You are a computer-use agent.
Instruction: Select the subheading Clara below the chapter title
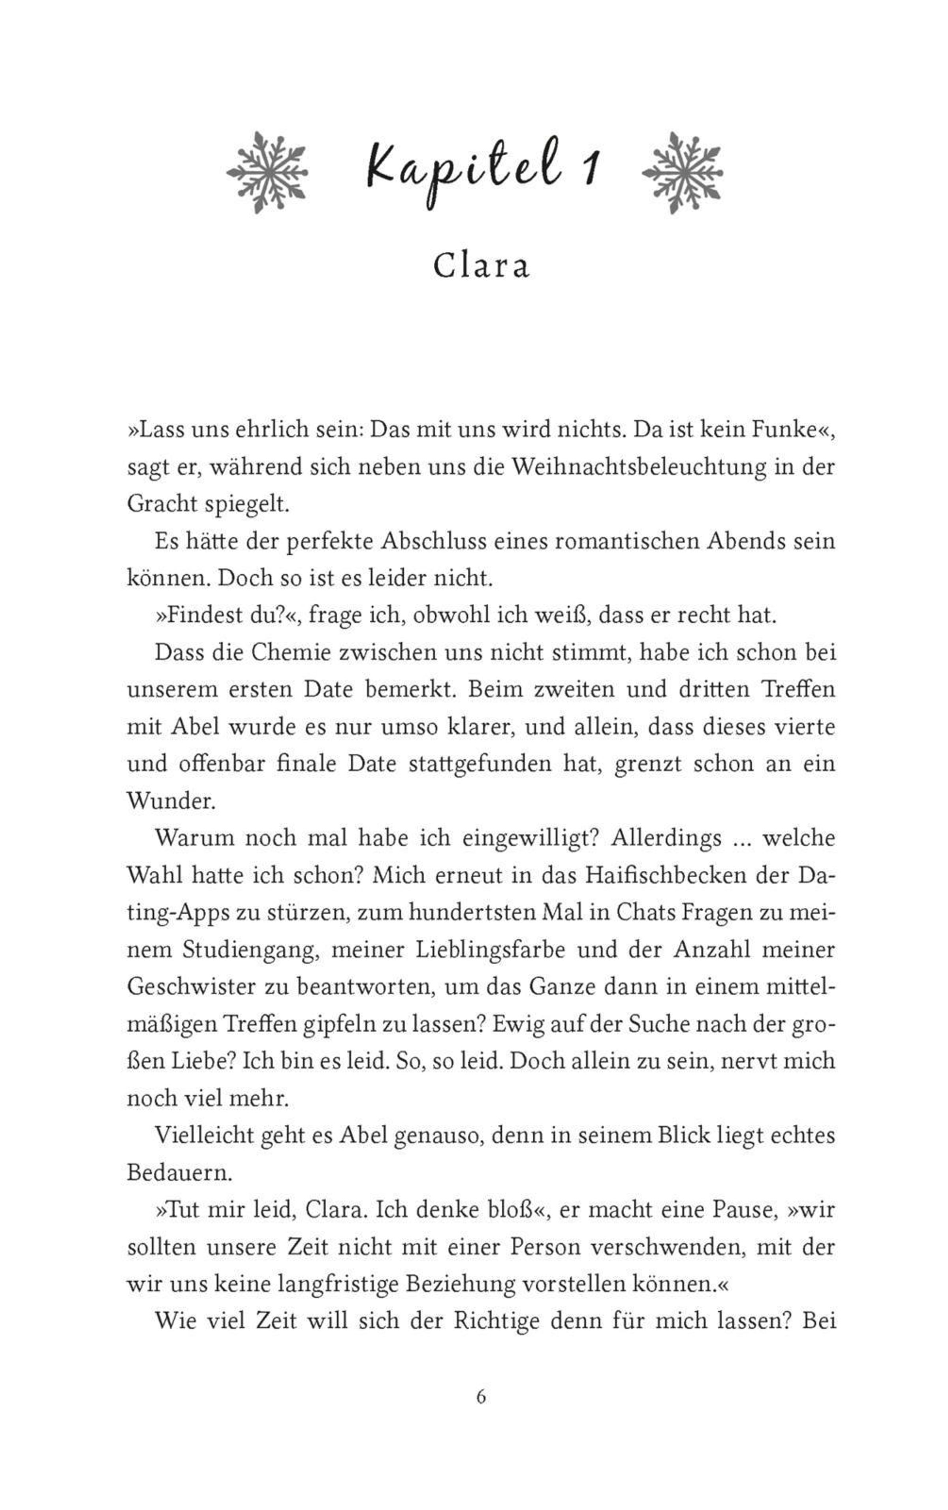[x=481, y=266]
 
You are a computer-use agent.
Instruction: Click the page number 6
[x=481, y=1397]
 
